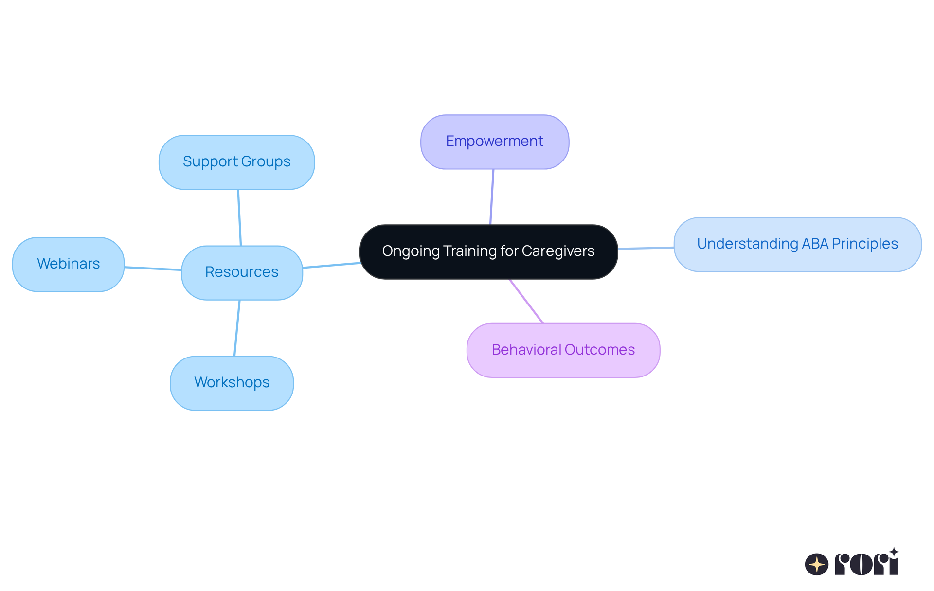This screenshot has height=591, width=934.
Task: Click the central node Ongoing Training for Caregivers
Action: coord(488,251)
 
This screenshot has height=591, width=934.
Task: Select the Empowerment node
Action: coord(495,142)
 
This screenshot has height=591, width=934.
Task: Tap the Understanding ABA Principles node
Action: coord(797,244)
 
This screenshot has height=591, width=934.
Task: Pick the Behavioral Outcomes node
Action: coord(563,350)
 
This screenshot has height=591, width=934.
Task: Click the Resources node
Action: coord(242,272)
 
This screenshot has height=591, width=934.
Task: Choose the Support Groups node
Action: coord(236,162)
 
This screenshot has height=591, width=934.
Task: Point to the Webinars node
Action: coord(68,264)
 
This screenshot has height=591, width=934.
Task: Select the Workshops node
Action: coord(232,383)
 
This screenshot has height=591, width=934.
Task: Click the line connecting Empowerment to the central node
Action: coord(492,197)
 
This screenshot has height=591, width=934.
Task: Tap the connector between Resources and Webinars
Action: coord(153,269)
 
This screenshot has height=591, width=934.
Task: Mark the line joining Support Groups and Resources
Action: coord(239,217)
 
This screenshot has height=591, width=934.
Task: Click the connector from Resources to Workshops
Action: coord(237,328)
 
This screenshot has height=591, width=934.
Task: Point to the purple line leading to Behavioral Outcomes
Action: coord(526,301)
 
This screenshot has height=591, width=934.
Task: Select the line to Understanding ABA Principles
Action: coord(646,248)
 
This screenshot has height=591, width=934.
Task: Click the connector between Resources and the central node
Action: coord(331,265)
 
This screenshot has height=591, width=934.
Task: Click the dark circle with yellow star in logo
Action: coord(816,564)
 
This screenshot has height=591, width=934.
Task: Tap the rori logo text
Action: coord(866,563)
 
